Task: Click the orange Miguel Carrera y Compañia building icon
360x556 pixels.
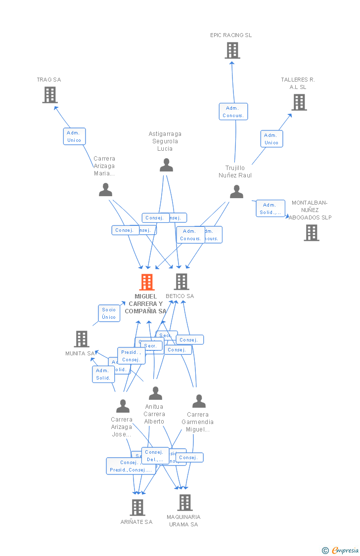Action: (147, 282)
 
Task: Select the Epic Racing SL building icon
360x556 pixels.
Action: (232, 50)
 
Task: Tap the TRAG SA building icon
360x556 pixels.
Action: (49, 94)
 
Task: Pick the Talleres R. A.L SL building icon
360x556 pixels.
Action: (299, 102)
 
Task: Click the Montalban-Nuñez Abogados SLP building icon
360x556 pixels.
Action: (311, 232)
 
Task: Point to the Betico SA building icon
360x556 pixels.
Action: (181, 282)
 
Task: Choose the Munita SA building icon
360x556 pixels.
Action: (82, 339)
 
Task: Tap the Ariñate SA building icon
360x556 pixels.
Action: (137, 507)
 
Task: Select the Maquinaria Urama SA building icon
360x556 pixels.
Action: (184, 502)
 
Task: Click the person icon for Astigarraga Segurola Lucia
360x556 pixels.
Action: (167, 165)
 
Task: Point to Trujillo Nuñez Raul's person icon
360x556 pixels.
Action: (236, 192)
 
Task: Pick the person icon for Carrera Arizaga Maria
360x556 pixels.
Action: (105, 190)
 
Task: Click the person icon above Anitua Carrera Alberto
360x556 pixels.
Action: (155, 393)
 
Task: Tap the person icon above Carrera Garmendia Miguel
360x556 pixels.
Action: (199, 401)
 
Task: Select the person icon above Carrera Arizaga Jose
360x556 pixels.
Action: (123, 406)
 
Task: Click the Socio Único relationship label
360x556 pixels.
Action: (109, 313)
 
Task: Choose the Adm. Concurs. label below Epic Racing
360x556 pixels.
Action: (233, 112)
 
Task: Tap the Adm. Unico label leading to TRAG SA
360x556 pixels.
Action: (74, 136)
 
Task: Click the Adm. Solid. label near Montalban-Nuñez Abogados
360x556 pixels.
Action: (270, 209)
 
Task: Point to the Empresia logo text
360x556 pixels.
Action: (345, 550)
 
